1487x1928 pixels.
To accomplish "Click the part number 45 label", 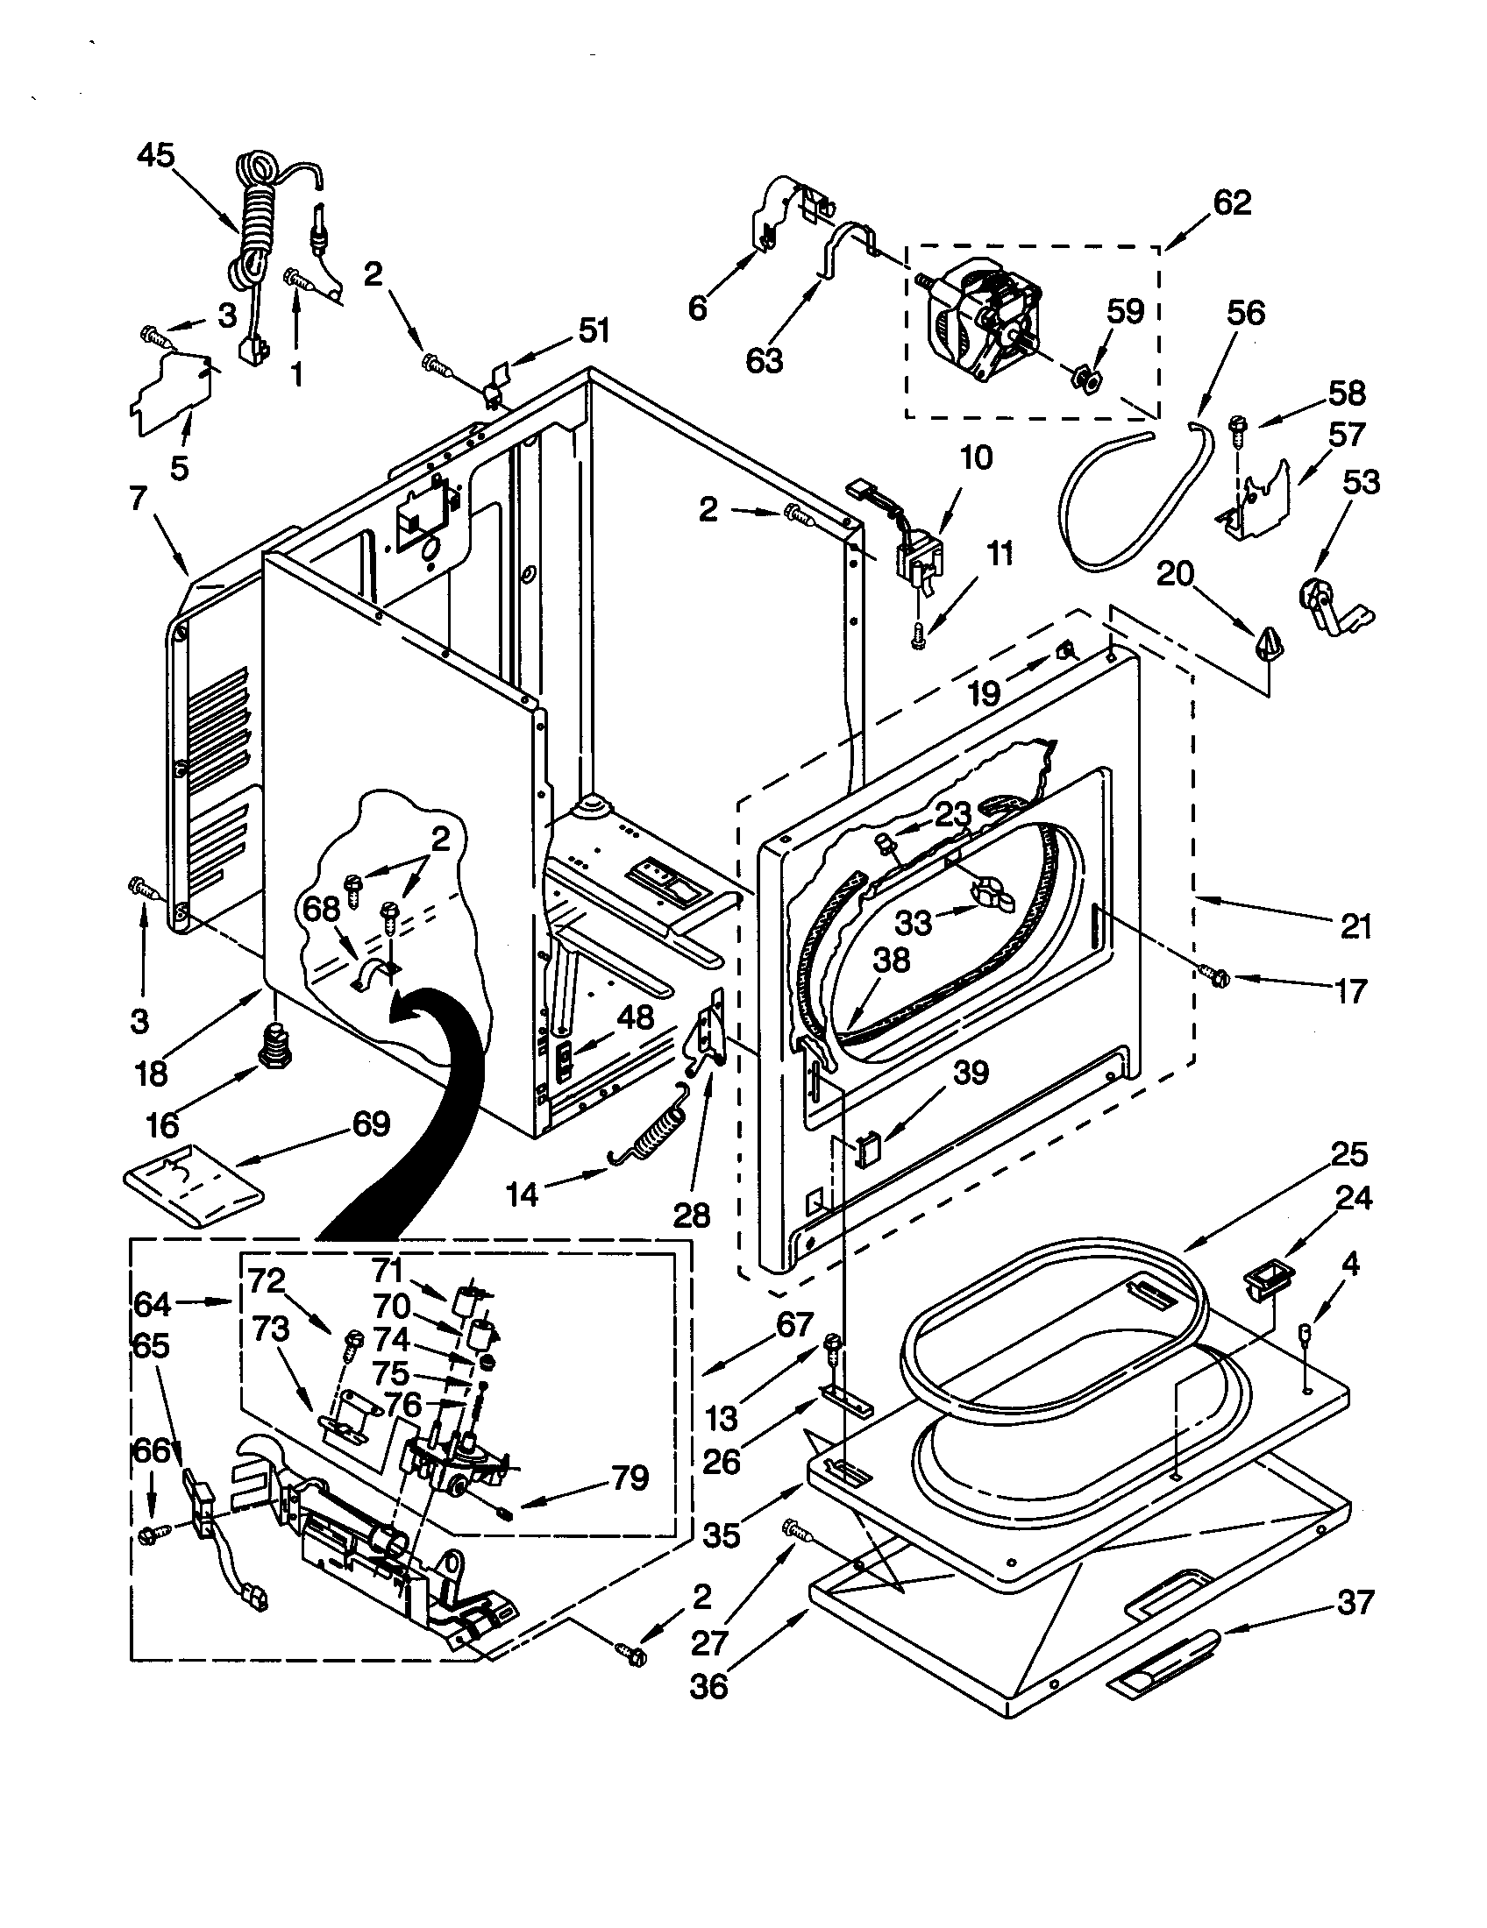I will coord(156,156).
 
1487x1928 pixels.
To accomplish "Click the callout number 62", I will coord(1231,202).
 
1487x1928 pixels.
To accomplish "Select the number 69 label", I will coord(371,1123).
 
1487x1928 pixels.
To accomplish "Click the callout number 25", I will coord(1350,1153).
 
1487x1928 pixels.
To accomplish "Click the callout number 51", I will coord(594,331).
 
